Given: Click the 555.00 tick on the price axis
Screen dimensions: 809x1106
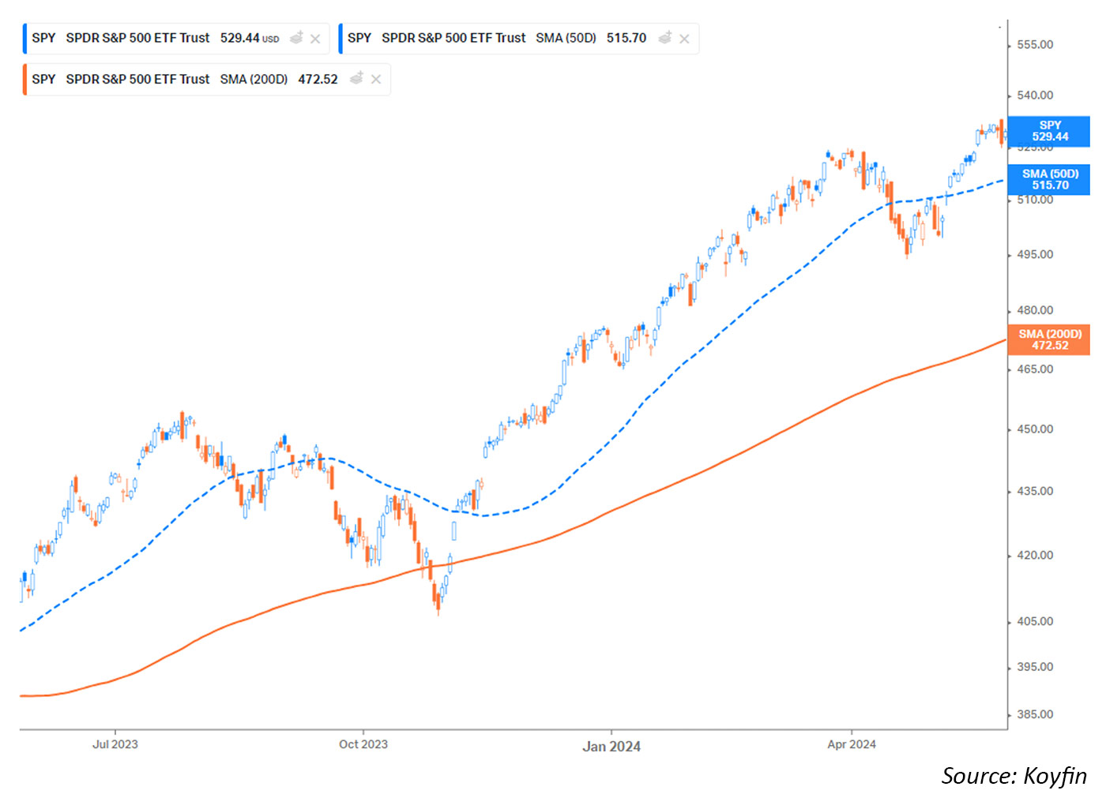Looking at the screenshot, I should point(1034,45).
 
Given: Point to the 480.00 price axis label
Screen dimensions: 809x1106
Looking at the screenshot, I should point(1034,310).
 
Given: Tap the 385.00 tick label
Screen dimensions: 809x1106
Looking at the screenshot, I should point(1034,714).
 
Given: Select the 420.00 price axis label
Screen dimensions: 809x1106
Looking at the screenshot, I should point(1034,555).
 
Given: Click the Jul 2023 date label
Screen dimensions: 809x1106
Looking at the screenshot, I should point(115,744).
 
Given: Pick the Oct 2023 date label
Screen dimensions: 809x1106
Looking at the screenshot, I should point(363,744).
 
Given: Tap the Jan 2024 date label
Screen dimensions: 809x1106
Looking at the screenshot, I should point(611,747).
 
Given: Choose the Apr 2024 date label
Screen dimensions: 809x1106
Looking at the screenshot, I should point(852,744).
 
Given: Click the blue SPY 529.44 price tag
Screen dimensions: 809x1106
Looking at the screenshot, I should point(1050,131).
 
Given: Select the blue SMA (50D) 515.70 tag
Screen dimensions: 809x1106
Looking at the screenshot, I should point(1050,179).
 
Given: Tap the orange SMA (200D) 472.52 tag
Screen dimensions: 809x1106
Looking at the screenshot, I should point(1050,339).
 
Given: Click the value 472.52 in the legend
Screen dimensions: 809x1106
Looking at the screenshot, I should point(318,80).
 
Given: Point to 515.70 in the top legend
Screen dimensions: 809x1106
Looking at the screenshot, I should point(626,38).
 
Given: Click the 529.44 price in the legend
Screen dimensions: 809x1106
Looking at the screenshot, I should point(240,38).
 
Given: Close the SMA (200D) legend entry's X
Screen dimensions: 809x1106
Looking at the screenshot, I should point(376,80).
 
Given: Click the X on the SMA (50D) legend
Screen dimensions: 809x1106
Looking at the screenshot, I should point(684,39).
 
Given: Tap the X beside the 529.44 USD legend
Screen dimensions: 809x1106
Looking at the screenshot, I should point(315,39).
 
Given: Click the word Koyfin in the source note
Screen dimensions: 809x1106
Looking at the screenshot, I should point(1055,776).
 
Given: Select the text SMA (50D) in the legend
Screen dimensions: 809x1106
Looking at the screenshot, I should point(566,38).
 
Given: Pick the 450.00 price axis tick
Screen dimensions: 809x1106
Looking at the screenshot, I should point(1034,429).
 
